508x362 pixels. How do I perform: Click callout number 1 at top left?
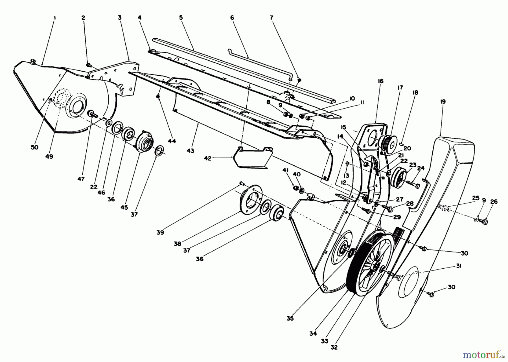[x=54, y=18]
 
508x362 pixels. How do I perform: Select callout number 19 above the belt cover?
[x=443, y=102]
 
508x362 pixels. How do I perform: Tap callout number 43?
[x=190, y=151]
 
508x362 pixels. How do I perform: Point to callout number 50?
[x=34, y=147]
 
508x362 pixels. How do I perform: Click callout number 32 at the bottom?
[x=334, y=347]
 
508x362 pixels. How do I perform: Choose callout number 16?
[x=380, y=81]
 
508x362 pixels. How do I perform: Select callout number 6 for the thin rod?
[x=232, y=18]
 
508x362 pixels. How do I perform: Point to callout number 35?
[x=290, y=318]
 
